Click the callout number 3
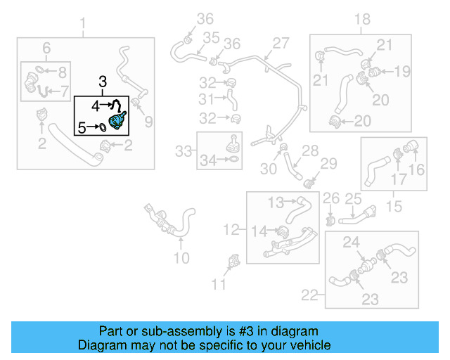pyautogui.click(x=103, y=82)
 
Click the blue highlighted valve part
pyautogui.click(x=117, y=120)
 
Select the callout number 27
pyautogui.click(x=281, y=43)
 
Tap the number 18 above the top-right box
pyautogui.click(x=361, y=19)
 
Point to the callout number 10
pyautogui.click(x=181, y=258)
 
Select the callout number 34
pyautogui.click(x=207, y=161)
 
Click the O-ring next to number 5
pyautogui.click(x=102, y=127)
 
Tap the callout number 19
pyautogui.click(x=401, y=71)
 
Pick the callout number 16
pyautogui.click(x=417, y=169)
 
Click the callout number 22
pyautogui.click(x=309, y=293)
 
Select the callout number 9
pyautogui.click(x=148, y=123)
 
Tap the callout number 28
pyautogui.click(x=310, y=150)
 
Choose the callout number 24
pyautogui.click(x=351, y=243)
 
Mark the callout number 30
pyautogui.click(x=269, y=169)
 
